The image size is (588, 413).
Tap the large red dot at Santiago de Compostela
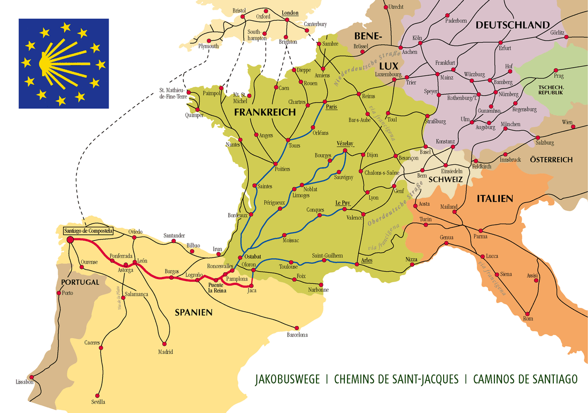tap(70, 240)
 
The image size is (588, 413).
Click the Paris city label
tap(332, 107)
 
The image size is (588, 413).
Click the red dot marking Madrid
tap(165, 343)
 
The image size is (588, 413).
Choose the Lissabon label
tap(25, 382)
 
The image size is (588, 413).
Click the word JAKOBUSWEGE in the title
tap(287, 379)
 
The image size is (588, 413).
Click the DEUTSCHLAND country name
tap(512, 25)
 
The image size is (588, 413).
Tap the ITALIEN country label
tap(494, 198)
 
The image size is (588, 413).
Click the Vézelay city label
tap(345, 144)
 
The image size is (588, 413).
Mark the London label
tap(289, 13)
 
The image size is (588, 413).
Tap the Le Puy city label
tap(342, 203)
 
